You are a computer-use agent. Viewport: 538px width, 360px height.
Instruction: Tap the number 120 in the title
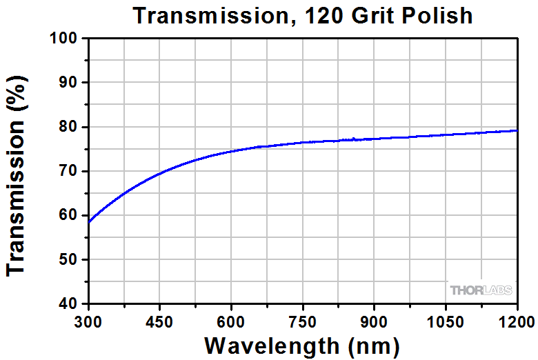pyautogui.click(x=323, y=15)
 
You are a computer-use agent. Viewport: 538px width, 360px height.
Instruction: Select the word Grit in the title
pyautogui.click(x=372, y=15)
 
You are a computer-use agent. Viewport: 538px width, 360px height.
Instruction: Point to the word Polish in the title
pyautogui.click(x=437, y=15)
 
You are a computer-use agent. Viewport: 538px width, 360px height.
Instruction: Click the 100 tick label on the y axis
pyautogui.click(x=63, y=38)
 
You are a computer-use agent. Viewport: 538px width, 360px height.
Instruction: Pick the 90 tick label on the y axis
pyautogui.click(x=68, y=82)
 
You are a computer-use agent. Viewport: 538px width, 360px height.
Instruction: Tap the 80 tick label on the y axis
pyautogui.click(x=68, y=127)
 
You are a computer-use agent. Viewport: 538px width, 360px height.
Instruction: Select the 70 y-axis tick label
pyautogui.click(x=68, y=171)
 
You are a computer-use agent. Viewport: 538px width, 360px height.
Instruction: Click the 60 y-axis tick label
pyautogui.click(x=68, y=215)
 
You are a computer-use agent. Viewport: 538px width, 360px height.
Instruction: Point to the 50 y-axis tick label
pyautogui.click(x=68, y=259)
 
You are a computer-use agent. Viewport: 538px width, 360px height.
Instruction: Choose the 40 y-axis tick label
pyautogui.click(x=68, y=303)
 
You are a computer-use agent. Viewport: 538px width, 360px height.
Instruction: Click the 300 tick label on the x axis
pyautogui.click(x=88, y=322)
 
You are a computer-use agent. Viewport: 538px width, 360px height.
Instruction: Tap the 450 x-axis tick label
pyautogui.click(x=159, y=322)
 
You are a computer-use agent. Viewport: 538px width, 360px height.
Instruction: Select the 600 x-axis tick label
pyautogui.click(x=230, y=322)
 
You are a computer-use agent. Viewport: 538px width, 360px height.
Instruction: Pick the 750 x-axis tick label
pyautogui.click(x=302, y=322)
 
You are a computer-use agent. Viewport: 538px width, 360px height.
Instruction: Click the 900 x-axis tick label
pyautogui.click(x=374, y=322)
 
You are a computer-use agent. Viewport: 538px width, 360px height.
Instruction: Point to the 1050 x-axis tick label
pyautogui.click(x=445, y=322)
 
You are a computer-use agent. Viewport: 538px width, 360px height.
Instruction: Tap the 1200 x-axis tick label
pyautogui.click(x=517, y=322)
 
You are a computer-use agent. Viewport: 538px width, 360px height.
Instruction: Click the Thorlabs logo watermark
pyautogui.click(x=481, y=290)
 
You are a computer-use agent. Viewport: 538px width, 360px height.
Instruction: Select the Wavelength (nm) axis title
pyautogui.click(x=302, y=346)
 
